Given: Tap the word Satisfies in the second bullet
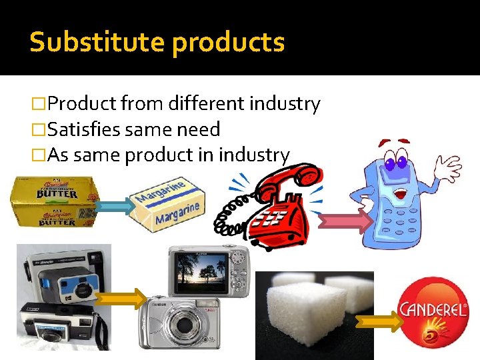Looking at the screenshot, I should click(x=85, y=129).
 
